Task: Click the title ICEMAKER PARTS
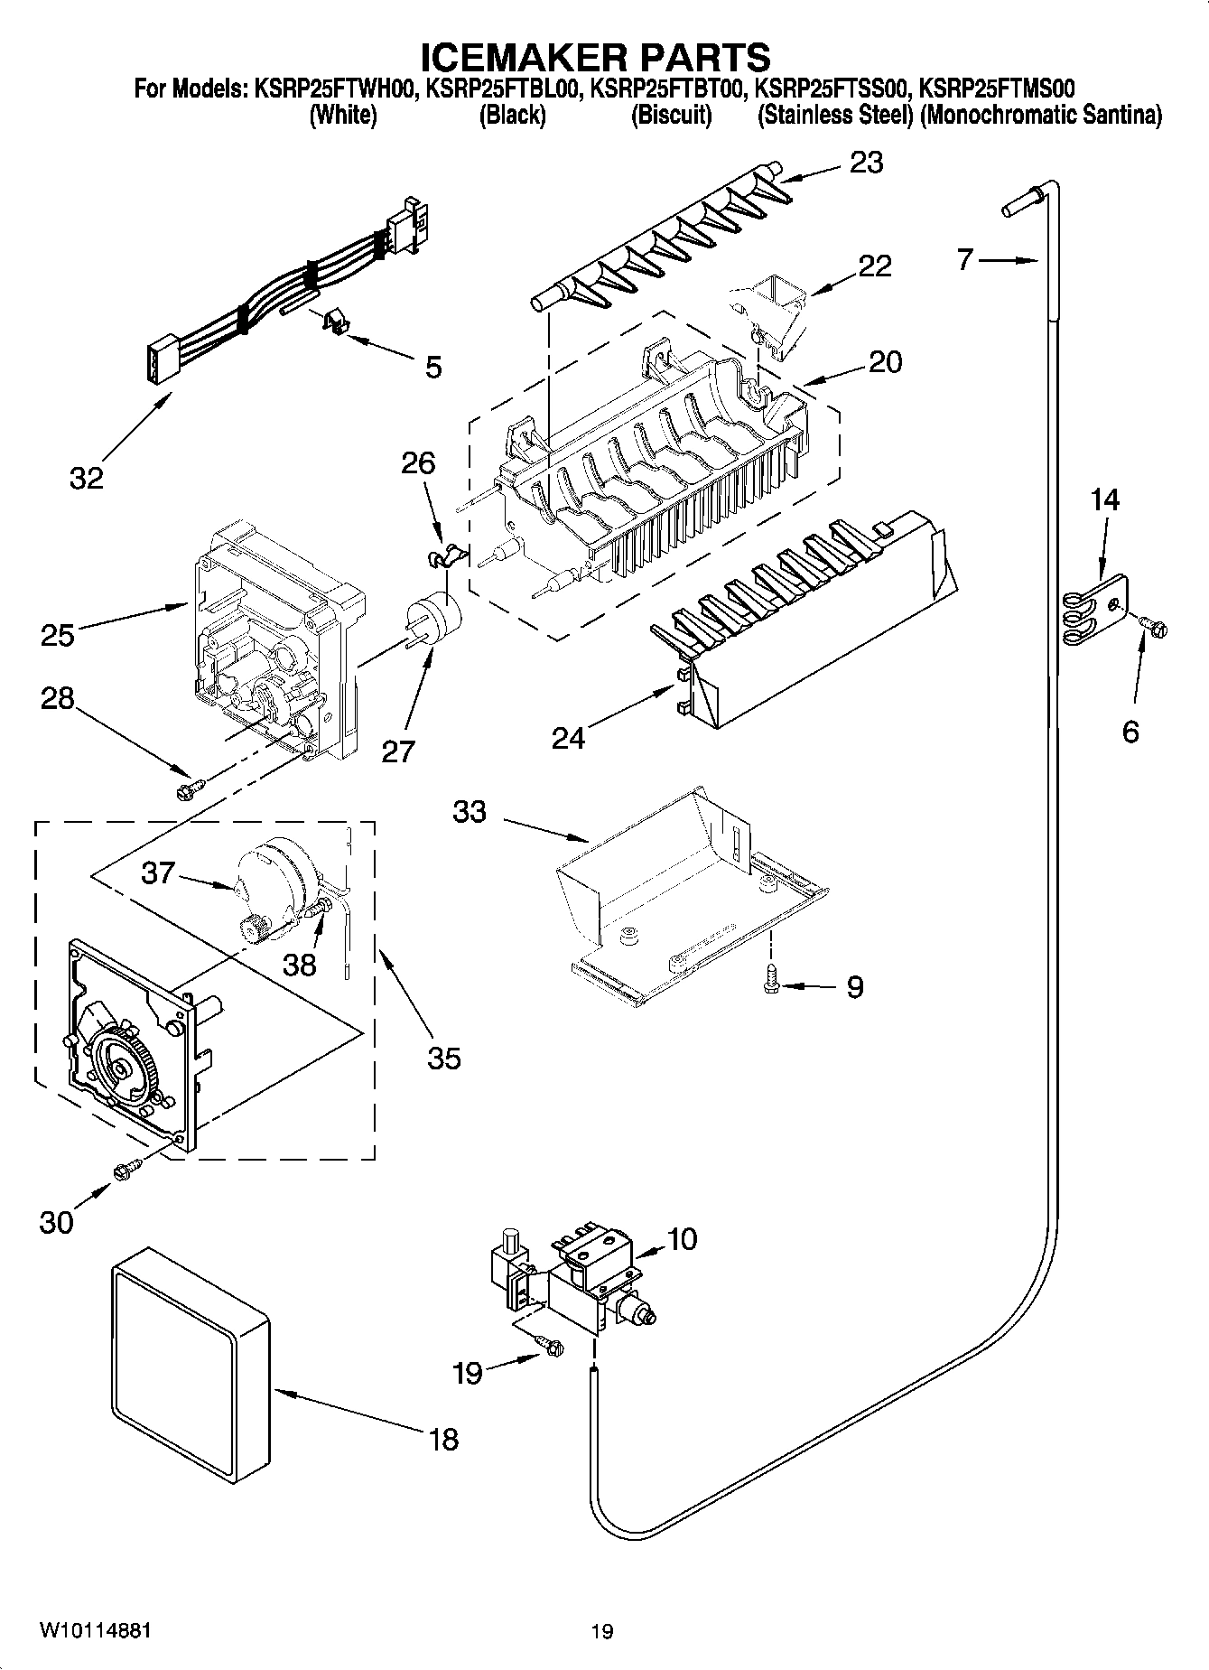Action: (596, 57)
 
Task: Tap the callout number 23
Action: (866, 163)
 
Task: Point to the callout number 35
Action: (443, 1057)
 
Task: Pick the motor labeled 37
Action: (275, 881)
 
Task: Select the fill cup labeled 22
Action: (772, 312)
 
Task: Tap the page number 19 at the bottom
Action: (602, 1631)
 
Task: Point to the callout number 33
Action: (470, 811)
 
